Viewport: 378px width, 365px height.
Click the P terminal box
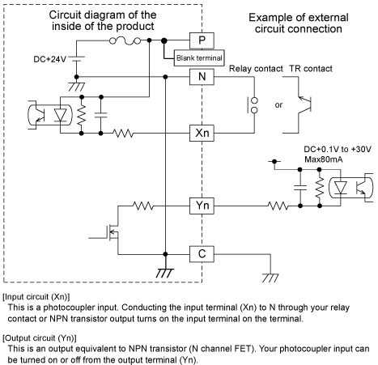(202, 40)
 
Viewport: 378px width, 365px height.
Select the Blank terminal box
(199, 57)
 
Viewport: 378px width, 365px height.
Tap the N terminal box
(202, 77)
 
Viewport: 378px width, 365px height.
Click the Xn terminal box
(202, 133)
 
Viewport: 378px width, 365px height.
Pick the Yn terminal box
(202, 206)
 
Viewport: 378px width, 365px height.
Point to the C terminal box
(202, 254)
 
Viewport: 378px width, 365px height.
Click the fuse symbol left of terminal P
(125, 41)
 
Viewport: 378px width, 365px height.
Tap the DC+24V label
(49, 59)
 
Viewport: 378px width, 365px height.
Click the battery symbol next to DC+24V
(77, 59)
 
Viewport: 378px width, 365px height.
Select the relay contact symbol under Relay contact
(253, 105)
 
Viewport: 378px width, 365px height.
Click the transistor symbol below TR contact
(304, 104)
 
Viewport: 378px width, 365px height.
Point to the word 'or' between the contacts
(278, 104)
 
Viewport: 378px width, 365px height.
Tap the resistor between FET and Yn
(143, 206)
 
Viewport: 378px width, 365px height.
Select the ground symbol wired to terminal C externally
(270, 278)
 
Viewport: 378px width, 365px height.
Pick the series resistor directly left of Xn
(123, 133)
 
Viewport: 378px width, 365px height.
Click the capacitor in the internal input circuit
(101, 115)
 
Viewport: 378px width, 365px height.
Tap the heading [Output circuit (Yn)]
(40, 338)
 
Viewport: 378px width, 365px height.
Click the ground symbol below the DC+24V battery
(77, 87)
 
